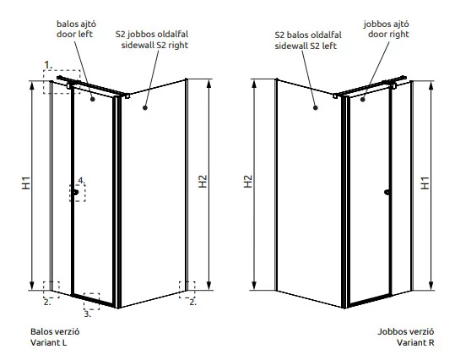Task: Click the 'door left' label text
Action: coord(74,35)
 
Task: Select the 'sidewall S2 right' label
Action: coord(154,46)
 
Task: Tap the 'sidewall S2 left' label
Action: coord(306,46)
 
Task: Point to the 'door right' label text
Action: coord(388,35)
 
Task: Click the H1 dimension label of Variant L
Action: coord(26,183)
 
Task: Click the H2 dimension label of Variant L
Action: coord(203,182)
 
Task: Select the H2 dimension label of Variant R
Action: coord(248,182)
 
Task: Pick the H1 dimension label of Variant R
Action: coord(425,183)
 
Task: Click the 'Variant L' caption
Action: coord(49,342)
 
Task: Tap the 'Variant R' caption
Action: coord(415,342)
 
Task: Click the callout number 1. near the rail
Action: coord(48,65)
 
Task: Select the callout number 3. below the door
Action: coord(87,314)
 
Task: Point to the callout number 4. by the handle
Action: coord(82,181)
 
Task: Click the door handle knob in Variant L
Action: coord(76,192)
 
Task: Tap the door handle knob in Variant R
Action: coord(387,192)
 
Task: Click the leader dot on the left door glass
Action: coord(93,100)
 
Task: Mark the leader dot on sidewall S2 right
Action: coord(145,108)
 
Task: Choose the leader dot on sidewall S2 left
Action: coord(316,108)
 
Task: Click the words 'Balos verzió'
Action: coord(55,331)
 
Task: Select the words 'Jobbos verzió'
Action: coord(406,331)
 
